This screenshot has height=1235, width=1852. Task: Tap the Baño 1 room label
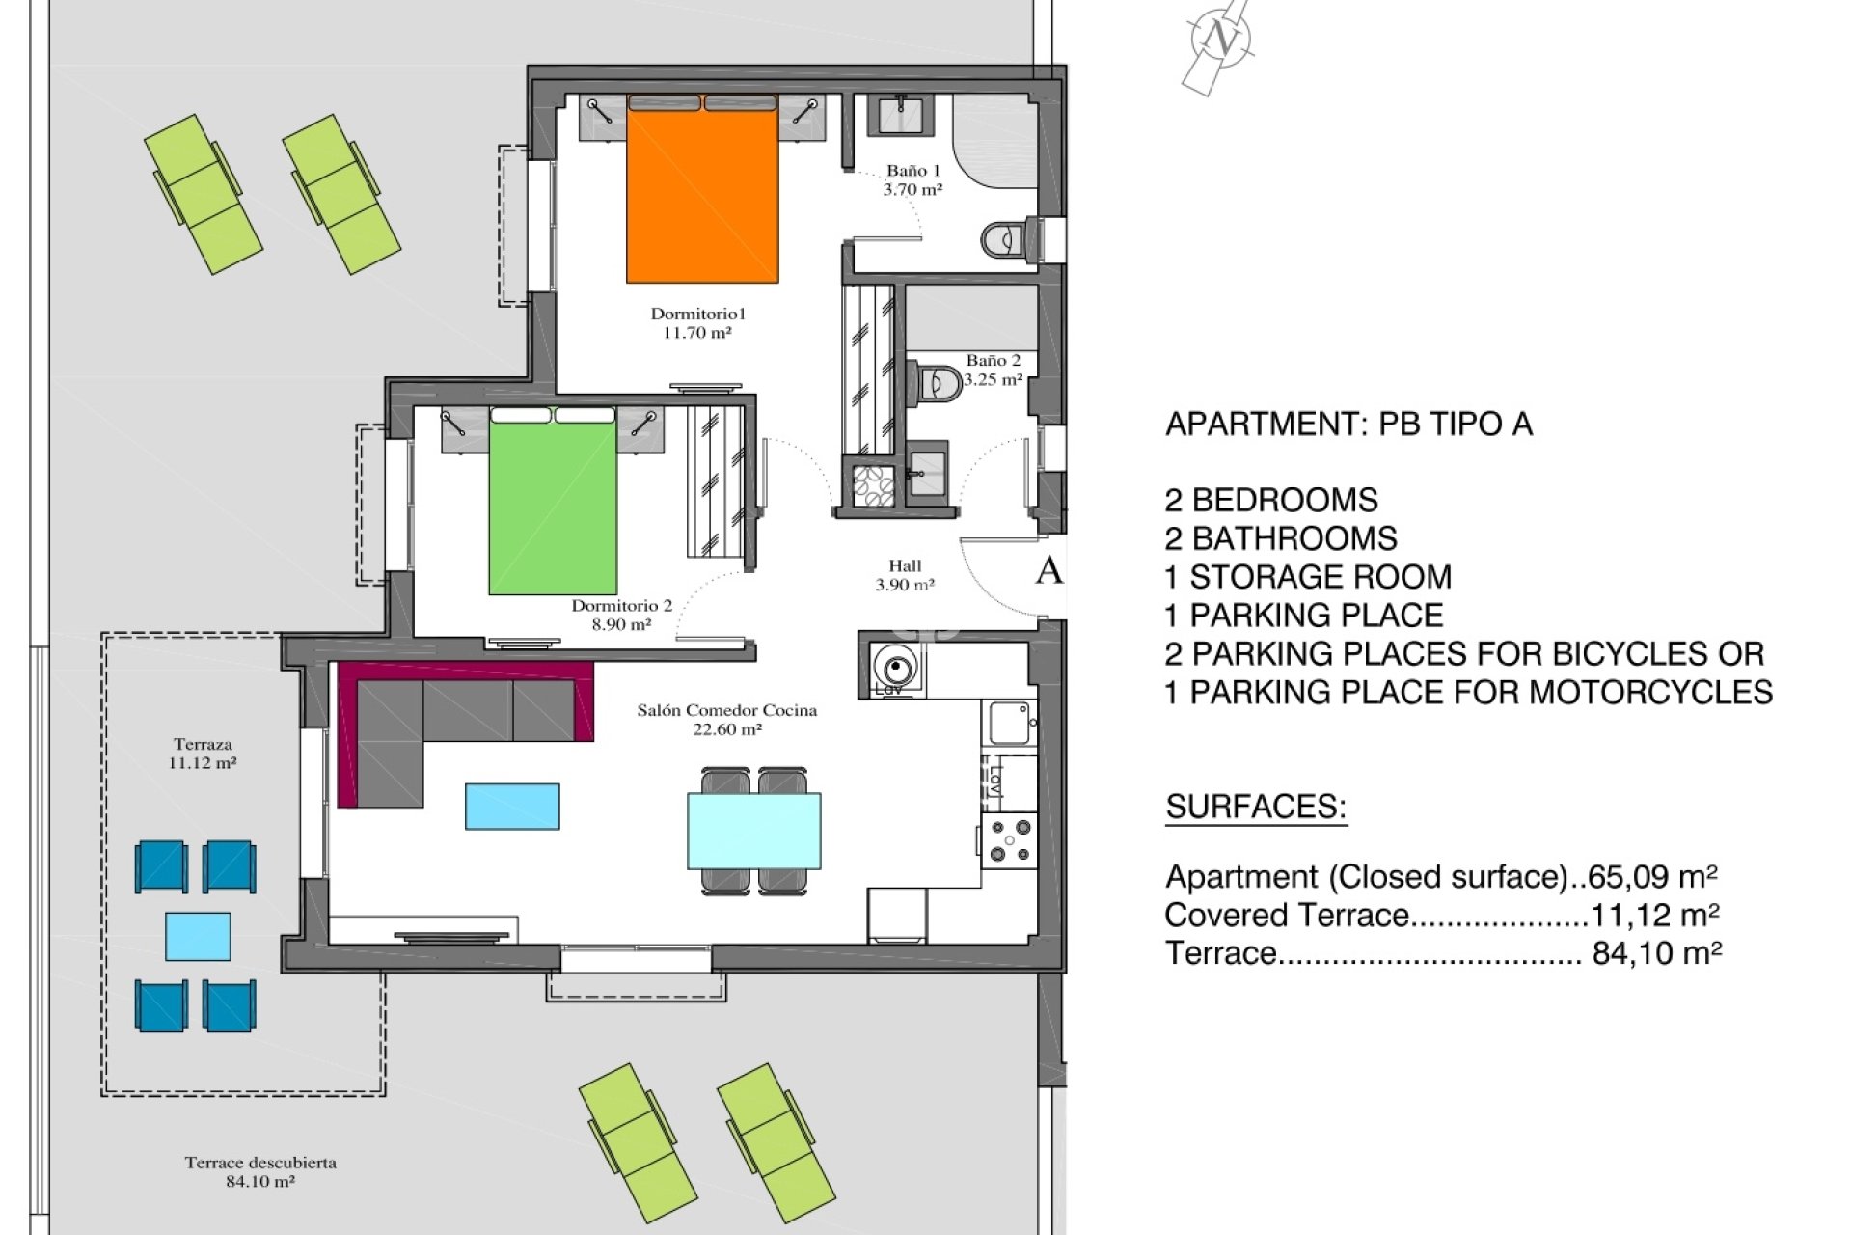coord(912,180)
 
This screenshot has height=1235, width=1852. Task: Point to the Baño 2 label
coord(994,370)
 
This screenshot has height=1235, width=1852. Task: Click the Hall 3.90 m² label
coord(905,575)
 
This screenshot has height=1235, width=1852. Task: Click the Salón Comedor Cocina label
coord(727,720)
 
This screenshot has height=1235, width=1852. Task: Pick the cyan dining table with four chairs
coord(754,831)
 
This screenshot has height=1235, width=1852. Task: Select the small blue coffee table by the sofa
coord(512,807)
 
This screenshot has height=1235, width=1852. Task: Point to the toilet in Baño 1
coord(1002,238)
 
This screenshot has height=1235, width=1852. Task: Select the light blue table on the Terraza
coord(198,936)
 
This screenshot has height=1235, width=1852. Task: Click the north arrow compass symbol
coord(1221,41)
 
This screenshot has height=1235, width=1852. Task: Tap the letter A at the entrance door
coord(1049,571)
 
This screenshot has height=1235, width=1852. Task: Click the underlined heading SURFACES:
coord(1256,807)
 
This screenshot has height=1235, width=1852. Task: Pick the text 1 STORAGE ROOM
coord(1308,577)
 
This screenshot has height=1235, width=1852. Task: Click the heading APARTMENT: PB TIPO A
coord(1348,425)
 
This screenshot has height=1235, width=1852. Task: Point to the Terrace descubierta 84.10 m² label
coord(260,1171)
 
